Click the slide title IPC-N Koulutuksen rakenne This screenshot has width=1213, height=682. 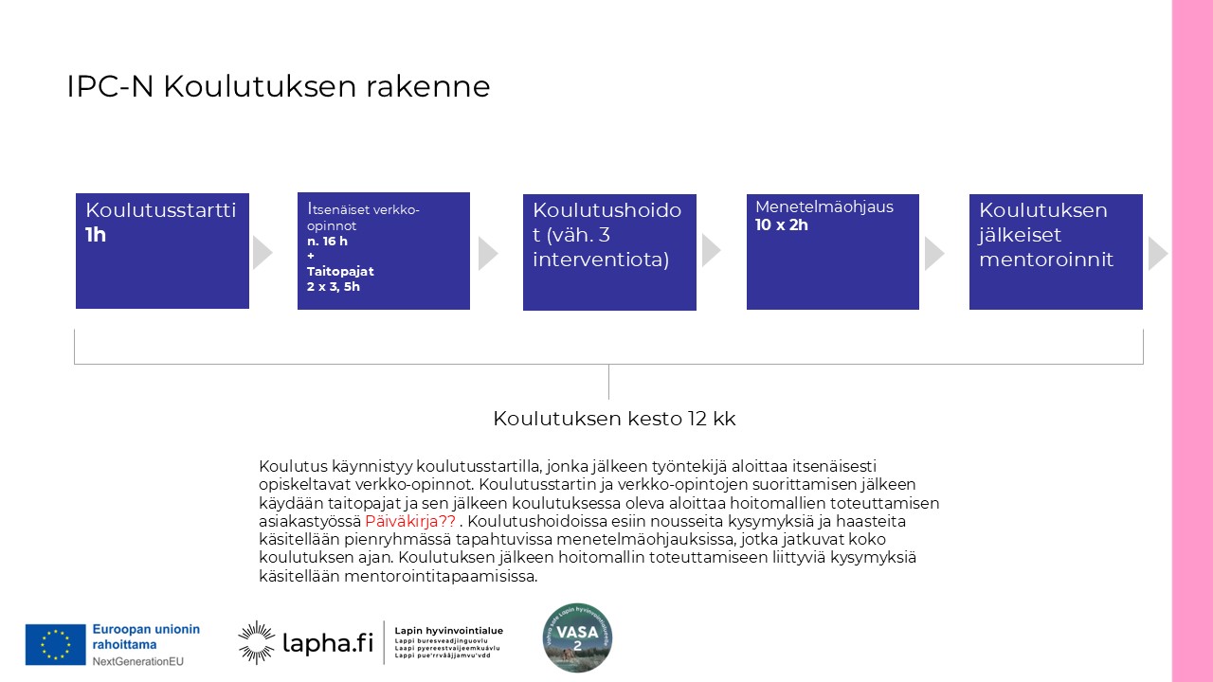[x=278, y=86]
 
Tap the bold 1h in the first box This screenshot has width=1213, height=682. [x=96, y=235]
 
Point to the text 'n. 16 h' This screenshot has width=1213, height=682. [x=327, y=242]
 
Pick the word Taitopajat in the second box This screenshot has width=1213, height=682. [x=340, y=272]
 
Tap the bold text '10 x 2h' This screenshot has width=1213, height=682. [x=782, y=225]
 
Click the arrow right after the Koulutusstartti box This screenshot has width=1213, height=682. [x=263, y=253]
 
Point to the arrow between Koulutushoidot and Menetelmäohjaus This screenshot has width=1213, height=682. [x=711, y=250]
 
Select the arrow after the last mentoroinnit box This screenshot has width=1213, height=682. [x=1157, y=253]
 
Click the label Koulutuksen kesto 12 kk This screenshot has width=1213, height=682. [x=614, y=419]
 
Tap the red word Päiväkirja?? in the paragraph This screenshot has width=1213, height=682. [x=409, y=521]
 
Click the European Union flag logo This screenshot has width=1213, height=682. [x=55, y=644]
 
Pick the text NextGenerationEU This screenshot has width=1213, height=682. [x=138, y=660]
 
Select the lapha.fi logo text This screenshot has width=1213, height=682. [x=328, y=644]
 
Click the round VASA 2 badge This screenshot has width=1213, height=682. [x=577, y=637]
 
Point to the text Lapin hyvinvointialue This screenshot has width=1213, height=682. [x=448, y=631]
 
